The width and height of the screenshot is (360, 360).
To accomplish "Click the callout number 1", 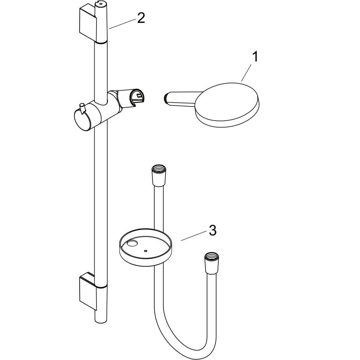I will [255, 57].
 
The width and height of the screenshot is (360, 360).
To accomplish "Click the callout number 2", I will [141, 18].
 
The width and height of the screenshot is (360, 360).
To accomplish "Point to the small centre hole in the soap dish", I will [146, 251].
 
